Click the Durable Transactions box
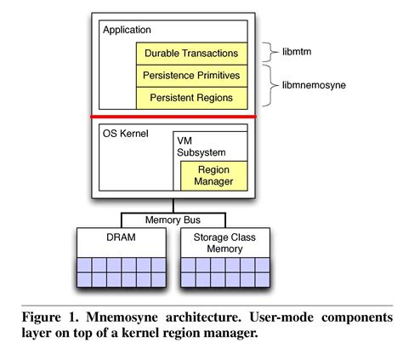point(191,53)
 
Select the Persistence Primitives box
point(191,75)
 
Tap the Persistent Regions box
point(191,97)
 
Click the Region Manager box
point(213,175)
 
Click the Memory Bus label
point(173,220)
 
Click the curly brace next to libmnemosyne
point(267,86)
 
